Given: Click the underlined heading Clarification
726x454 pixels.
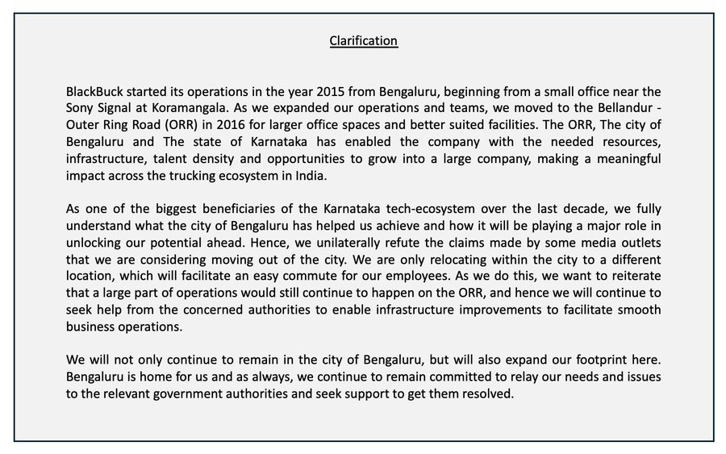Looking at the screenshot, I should (363, 40).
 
